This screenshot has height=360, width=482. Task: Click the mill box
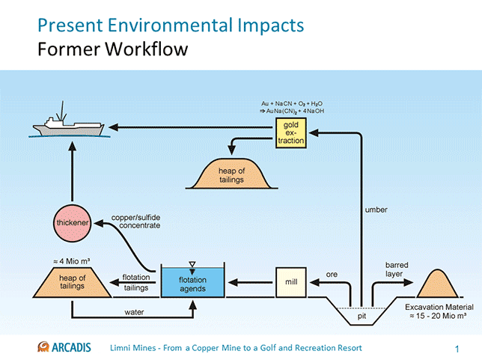292,282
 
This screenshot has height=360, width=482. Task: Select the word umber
376,210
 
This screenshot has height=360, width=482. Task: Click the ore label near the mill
332,274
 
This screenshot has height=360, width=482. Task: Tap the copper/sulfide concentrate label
136,222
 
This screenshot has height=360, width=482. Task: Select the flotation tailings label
135,282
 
